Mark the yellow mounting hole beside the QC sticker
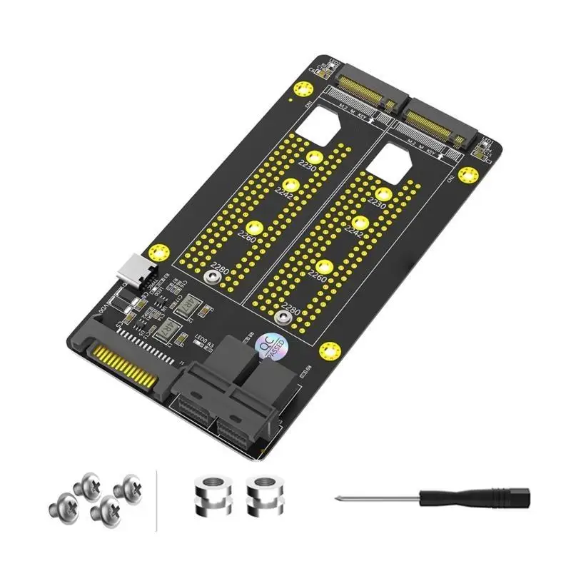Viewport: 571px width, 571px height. click(x=328, y=351)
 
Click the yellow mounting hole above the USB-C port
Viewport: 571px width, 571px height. click(x=160, y=253)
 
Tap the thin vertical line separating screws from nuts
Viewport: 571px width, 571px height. click(x=156, y=500)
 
